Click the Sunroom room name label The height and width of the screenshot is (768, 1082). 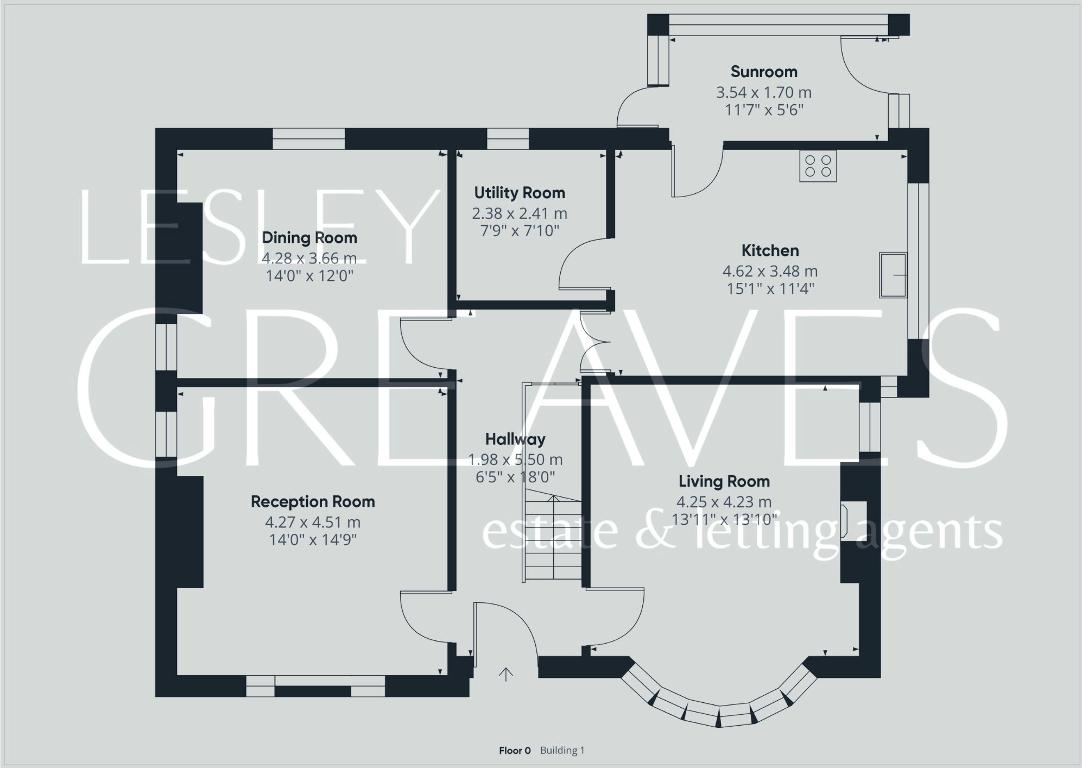(x=763, y=72)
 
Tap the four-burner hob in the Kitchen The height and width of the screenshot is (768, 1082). (x=818, y=166)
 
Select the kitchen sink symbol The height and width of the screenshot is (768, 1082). (x=893, y=275)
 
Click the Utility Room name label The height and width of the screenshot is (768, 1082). (x=519, y=193)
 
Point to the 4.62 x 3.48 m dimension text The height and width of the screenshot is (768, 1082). (x=769, y=271)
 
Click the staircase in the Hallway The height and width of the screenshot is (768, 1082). (x=553, y=535)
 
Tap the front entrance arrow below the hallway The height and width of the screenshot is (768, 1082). (x=505, y=675)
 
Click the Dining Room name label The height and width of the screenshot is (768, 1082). (x=309, y=237)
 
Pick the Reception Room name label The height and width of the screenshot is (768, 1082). (x=312, y=501)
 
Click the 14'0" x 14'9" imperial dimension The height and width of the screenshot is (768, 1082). (x=312, y=540)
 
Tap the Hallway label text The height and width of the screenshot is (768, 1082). (x=515, y=439)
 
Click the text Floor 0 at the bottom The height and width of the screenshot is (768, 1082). (x=514, y=751)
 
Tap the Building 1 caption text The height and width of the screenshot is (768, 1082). (x=562, y=751)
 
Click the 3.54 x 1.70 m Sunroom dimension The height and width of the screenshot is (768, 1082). (x=763, y=92)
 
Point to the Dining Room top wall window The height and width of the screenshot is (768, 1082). (x=308, y=139)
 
